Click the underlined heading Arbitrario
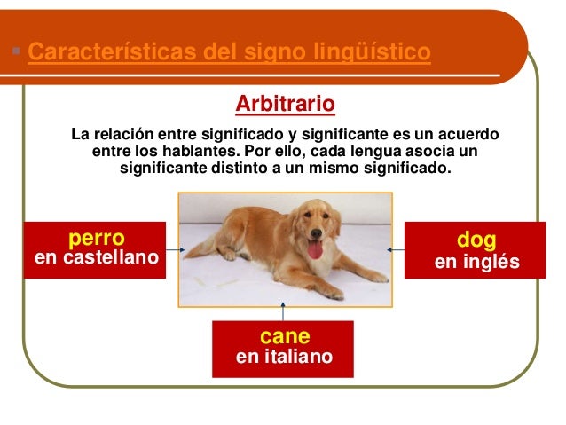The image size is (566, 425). coord(285,106)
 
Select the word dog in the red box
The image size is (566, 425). coord(476,240)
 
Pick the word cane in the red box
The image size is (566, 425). coord(284,336)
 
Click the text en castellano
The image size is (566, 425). coord(95,258)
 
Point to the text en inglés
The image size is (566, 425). coord(476,264)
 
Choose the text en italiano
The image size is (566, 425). coord(284,358)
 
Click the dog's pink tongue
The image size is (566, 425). coord(315,249)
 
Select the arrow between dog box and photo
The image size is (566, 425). coord(397,250)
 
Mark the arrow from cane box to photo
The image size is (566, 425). coord(283,313)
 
